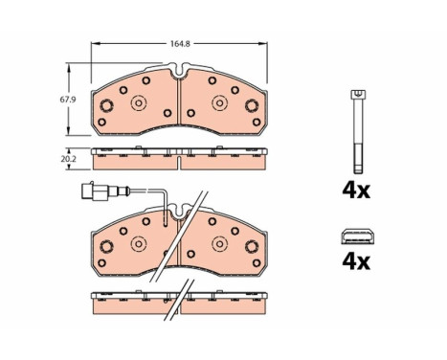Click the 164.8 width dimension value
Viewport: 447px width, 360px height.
pyautogui.click(x=180, y=44)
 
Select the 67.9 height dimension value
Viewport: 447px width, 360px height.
pyautogui.click(x=68, y=100)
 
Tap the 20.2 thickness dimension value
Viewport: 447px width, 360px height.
pyautogui.click(x=68, y=159)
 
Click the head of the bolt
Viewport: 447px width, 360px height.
pyautogui.click(x=358, y=95)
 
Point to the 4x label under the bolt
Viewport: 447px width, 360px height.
pyautogui.click(x=356, y=191)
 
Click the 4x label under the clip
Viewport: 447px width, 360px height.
pyautogui.click(x=356, y=261)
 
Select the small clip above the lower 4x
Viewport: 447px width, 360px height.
pyautogui.click(x=358, y=236)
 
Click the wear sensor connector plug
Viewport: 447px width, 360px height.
pyautogui.click(x=96, y=191)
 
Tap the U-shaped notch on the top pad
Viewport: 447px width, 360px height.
pyautogui.click(x=179, y=70)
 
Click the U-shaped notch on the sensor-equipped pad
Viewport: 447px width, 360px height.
pyautogui.click(x=179, y=212)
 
